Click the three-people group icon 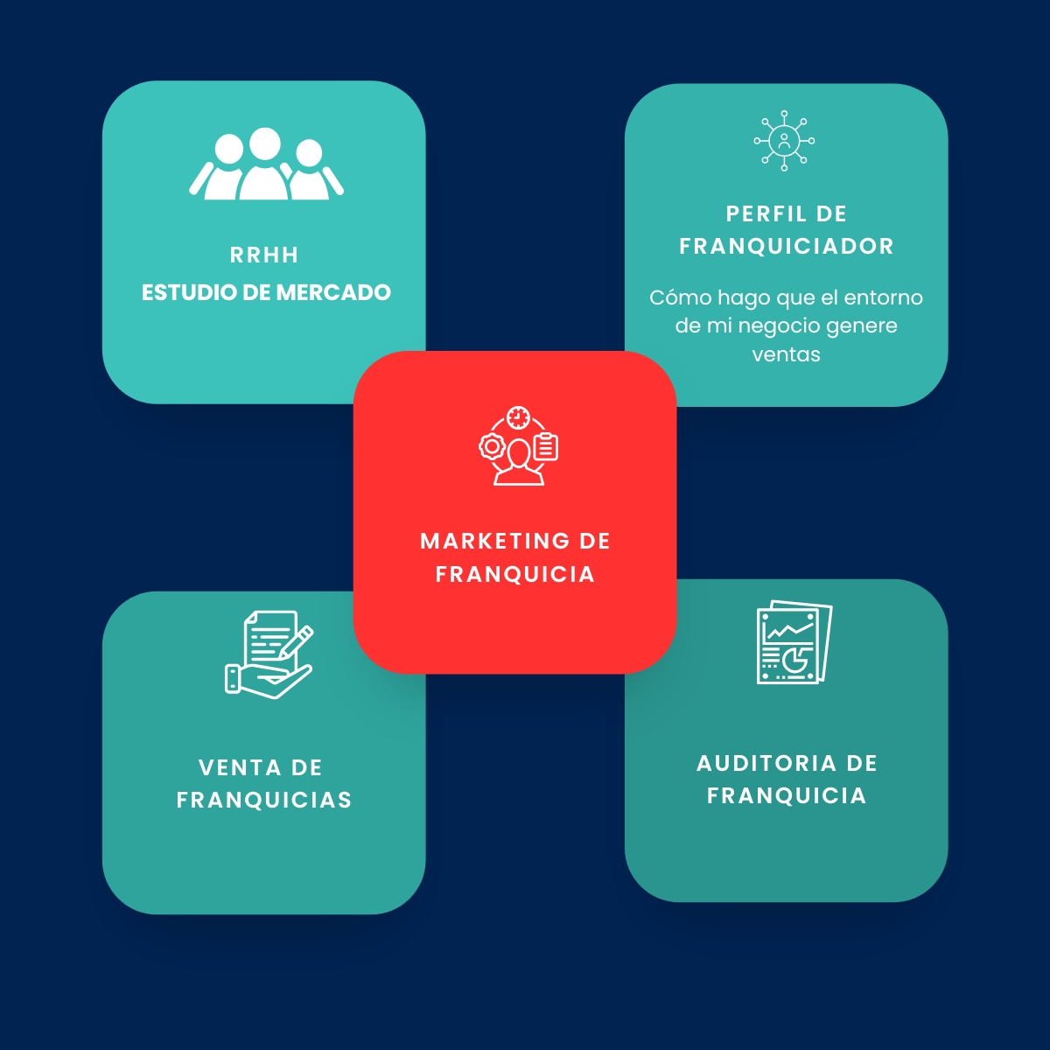point(266,164)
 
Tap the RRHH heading point(264,255)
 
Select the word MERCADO point(333,292)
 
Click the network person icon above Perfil point(784,141)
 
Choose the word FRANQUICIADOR point(787,246)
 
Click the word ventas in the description point(786,354)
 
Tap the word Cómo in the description point(681,297)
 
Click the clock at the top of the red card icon point(518,418)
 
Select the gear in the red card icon point(492,447)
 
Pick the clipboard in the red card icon point(546,447)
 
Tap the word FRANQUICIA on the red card point(514,574)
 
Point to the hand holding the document point(269,680)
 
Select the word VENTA point(240,767)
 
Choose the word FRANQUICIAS point(264,800)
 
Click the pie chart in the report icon point(796,660)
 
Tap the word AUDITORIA point(766,763)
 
